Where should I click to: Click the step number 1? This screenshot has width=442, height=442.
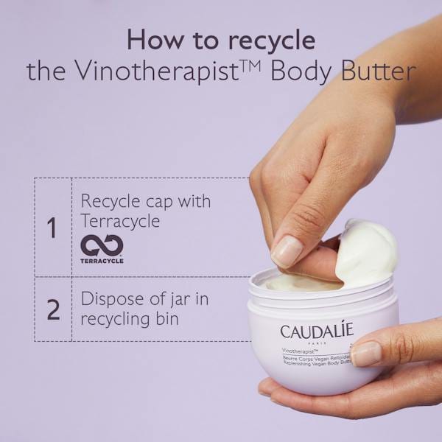52,228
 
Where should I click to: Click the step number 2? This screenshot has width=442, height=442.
53,310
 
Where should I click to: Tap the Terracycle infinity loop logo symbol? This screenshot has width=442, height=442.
101,245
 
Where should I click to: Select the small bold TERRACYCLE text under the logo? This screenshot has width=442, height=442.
102,261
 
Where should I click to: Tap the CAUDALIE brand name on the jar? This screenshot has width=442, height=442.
317,331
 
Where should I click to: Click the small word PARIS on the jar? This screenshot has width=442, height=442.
317,344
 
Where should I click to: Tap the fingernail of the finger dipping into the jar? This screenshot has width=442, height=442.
287,250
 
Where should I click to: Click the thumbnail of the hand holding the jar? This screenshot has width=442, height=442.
365,354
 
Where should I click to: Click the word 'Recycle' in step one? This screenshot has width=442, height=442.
110,201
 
